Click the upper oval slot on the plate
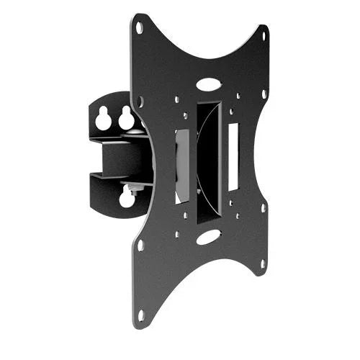207,84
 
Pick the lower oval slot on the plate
207,236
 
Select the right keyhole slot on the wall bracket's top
126,117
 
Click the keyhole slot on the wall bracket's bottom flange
127,196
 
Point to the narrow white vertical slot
233,157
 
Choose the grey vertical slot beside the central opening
182,166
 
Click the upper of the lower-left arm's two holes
141,246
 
